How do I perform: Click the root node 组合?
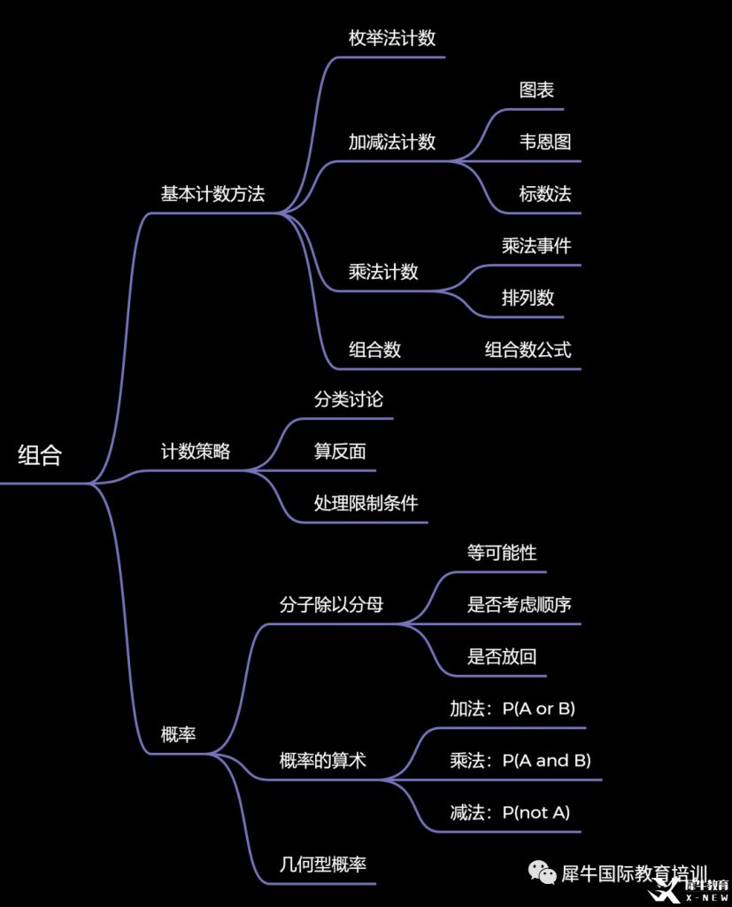click(40, 456)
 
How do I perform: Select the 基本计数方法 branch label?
click(212, 194)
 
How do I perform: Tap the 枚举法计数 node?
click(392, 39)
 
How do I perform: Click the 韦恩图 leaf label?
click(545, 142)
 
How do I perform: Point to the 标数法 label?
click(545, 194)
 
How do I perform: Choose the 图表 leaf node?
click(537, 90)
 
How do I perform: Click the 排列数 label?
click(528, 298)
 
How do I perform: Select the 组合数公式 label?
click(528, 349)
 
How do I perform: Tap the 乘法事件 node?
click(536, 245)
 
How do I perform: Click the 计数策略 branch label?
click(195, 451)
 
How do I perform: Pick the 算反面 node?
click(340, 451)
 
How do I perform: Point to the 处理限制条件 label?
click(366, 503)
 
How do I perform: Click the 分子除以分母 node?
click(331, 605)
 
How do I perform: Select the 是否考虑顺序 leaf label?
click(519, 605)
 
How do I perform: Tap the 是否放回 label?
click(502, 657)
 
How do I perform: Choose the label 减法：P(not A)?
click(510, 812)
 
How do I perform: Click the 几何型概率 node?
click(322, 864)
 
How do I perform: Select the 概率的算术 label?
click(322, 760)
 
